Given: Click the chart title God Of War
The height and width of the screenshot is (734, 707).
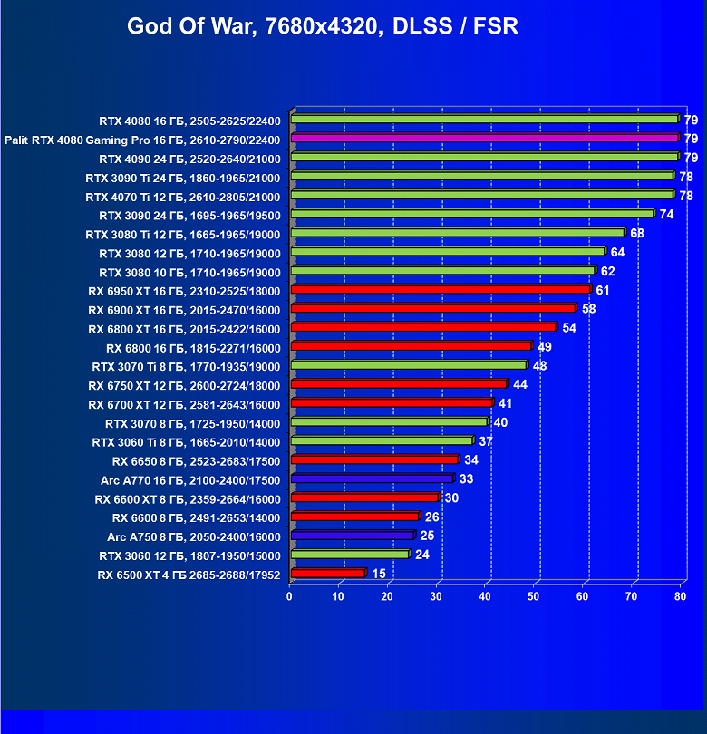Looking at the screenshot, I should coord(323,25).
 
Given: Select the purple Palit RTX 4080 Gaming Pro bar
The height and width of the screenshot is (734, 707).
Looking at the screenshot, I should coord(484,138).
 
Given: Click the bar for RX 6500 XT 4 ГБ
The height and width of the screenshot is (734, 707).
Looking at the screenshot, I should coord(327,573).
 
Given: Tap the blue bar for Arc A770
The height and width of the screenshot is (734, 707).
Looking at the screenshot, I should coord(372,478).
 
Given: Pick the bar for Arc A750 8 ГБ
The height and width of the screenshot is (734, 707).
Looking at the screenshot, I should coord(352,536).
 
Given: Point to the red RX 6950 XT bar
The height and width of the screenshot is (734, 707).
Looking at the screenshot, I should coord(441,289).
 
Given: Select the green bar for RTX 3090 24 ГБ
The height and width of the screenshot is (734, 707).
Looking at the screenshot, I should coord(471,214).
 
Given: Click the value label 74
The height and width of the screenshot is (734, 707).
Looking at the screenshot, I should coord(666,215).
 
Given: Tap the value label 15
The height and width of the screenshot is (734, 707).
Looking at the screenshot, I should coord(378,574).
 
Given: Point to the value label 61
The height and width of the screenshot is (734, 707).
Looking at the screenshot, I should coord(603,290).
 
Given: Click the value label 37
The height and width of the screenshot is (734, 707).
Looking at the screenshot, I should coord(485,441).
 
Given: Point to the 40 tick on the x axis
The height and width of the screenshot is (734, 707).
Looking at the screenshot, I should coord(485,595).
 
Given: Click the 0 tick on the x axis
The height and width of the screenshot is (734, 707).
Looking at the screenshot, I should coord(289,595).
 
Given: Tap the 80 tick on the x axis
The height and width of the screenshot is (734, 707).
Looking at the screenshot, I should coord(681,595).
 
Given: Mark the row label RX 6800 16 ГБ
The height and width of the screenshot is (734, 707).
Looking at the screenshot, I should coord(193,348).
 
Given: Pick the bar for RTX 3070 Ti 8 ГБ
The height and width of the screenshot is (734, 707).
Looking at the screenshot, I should coord(408,365).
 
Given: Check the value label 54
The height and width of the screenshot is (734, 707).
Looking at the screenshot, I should coord(569,328).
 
